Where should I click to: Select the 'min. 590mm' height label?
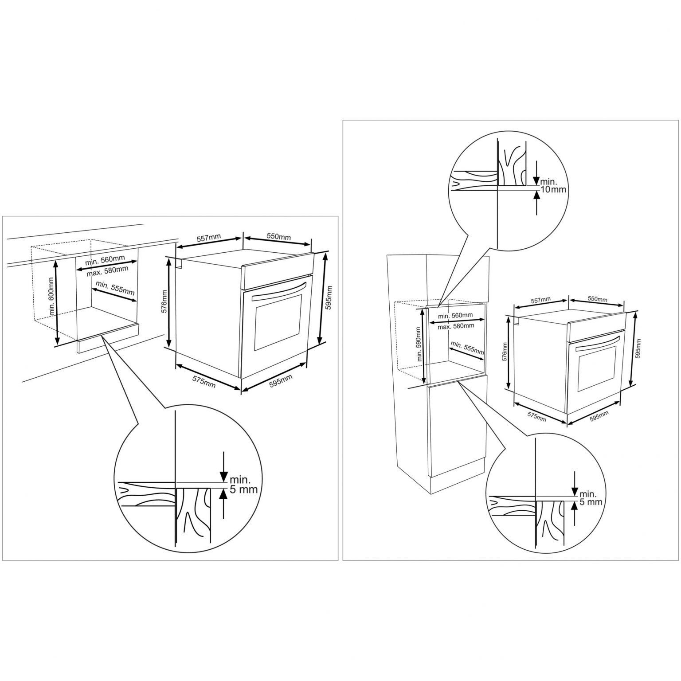click(418, 344)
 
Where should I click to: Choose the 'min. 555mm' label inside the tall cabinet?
click(467, 347)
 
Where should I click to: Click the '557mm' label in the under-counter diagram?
click(208, 240)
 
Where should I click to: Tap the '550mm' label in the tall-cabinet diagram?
click(598, 299)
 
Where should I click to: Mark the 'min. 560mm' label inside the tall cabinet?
click(455, 316)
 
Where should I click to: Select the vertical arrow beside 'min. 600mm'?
click(56, 302)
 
